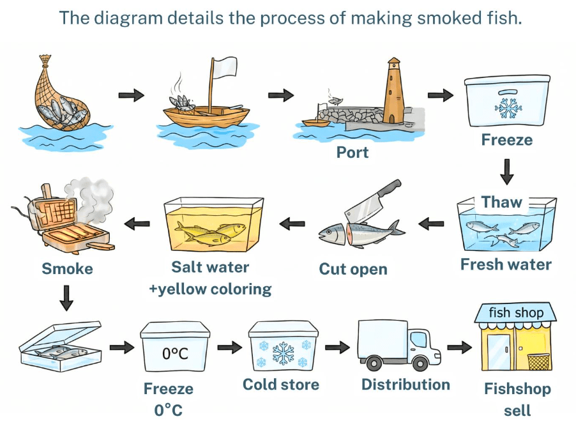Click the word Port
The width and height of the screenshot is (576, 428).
coord(352,153)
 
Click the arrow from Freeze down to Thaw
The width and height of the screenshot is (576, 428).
coord(506,171)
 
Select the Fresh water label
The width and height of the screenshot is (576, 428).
coord(506,264)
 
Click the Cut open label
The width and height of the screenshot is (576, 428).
coord(353,269)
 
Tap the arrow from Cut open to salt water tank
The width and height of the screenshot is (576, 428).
coord(292,224)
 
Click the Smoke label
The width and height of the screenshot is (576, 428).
coord(67,268)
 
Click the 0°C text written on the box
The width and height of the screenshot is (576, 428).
coord(175,352)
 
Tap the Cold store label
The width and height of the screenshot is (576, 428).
coord(281,385)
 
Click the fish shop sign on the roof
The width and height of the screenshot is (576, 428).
coord(516,313)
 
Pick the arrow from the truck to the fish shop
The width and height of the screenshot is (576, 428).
coord(459,348)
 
